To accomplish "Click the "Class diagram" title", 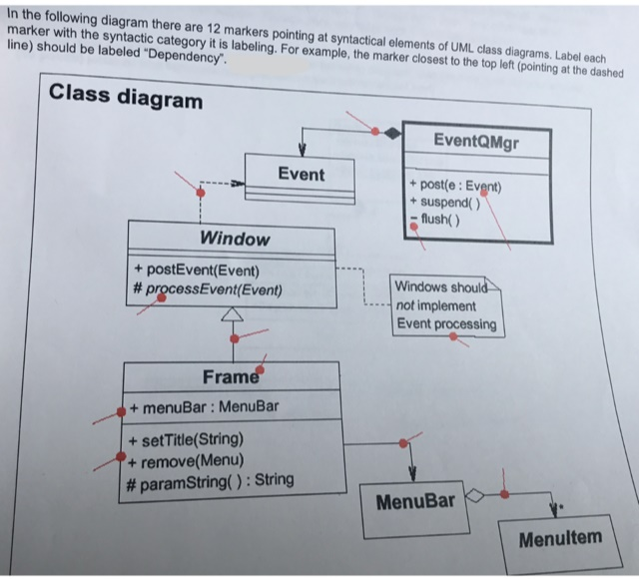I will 126,99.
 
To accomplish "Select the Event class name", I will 301,174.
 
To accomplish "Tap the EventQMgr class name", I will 477,142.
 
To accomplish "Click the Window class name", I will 235,239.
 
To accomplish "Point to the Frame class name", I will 231,377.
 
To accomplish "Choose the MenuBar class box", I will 414,500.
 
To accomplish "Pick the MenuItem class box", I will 560,539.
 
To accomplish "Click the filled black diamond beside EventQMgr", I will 393,132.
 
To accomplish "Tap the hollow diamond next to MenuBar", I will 476,492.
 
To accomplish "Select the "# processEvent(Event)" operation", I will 208,291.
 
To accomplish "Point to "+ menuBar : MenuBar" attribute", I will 206,407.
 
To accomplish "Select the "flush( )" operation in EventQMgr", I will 438,219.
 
